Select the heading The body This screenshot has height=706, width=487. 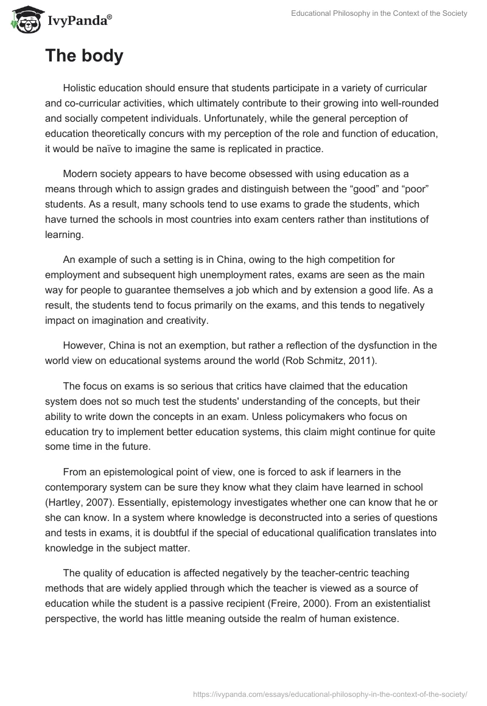[x=84, y=56]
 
